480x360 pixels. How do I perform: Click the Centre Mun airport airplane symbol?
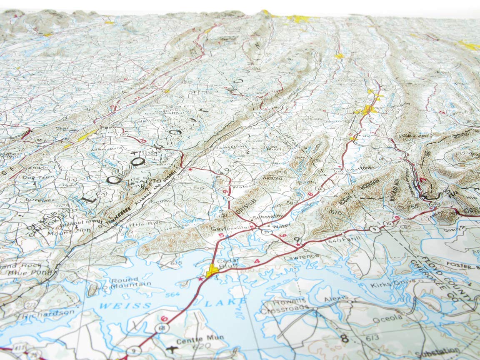(170, 346)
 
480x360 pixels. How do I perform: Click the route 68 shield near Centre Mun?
(161, 328)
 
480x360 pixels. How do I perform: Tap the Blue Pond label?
(38, 273)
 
